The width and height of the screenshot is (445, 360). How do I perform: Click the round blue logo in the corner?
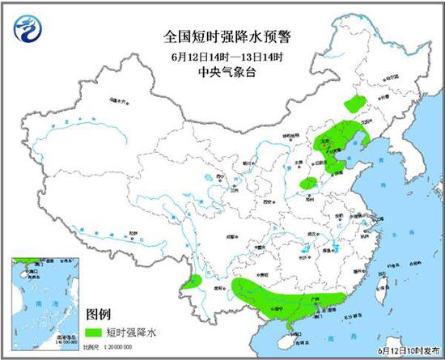(28, 28)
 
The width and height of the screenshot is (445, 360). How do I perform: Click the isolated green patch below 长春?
(354, 103)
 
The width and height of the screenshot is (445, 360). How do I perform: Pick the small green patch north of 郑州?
(308, 184)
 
